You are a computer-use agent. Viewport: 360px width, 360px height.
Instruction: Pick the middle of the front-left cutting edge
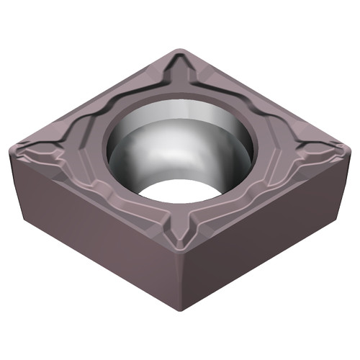(x=94, y=205)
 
